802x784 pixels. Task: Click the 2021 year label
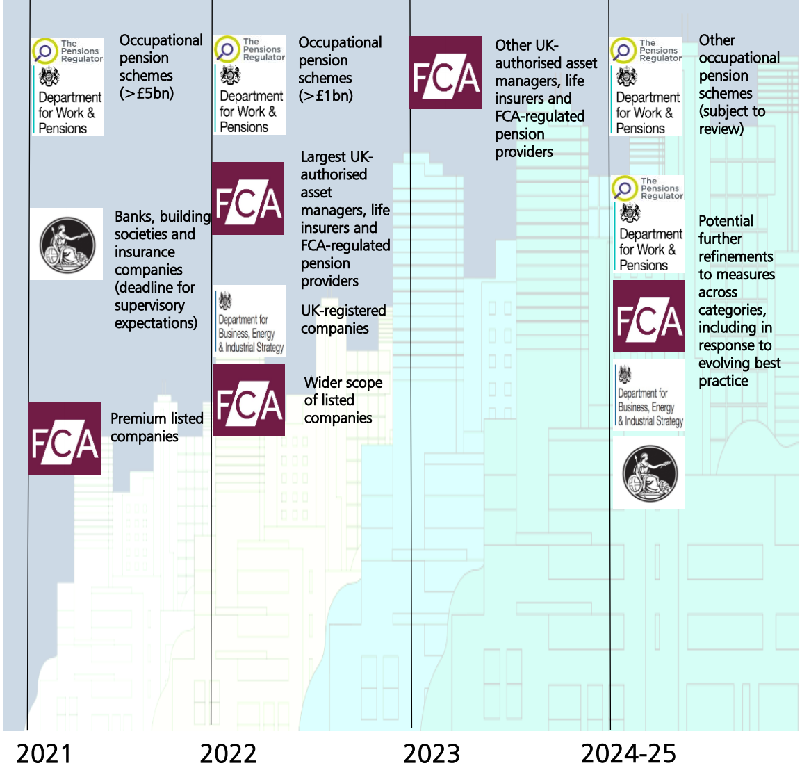point(44,754)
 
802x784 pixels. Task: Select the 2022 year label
point(228,754)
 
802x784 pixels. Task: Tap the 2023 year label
point(431,754)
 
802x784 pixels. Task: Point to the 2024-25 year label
point(628,754)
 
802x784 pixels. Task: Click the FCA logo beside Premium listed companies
point(65,439)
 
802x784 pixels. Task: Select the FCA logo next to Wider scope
point(248,400)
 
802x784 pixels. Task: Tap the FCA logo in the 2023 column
point(445,73)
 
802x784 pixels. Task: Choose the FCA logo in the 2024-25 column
point(648,317)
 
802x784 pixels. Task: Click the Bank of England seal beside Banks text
point(67,244)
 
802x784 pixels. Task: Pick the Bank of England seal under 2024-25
point(649,473)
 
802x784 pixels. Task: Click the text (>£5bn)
point(147,93)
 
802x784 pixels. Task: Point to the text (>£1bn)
point(325,96)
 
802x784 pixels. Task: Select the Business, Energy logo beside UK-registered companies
point(249,322)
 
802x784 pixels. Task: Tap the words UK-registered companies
point(343,320)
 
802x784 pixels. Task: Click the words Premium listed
point(157,418)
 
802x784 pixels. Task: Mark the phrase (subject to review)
point(731,120)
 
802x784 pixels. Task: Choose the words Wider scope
point(343,382)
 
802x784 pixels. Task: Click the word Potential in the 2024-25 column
point(726,221)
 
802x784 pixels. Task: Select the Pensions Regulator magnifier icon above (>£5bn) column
point(45,51)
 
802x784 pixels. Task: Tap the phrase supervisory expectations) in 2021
point(155,314)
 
